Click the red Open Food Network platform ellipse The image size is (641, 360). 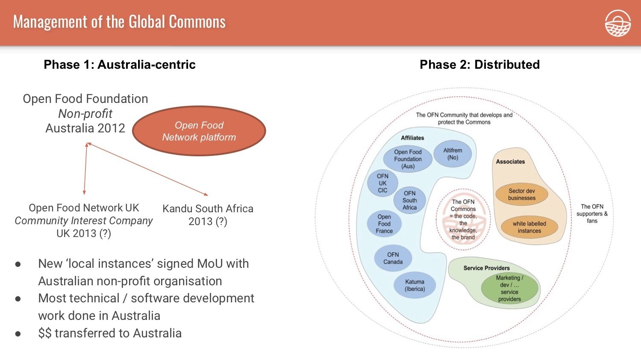click(x=199, y=131)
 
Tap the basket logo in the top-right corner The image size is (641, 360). click(x=617, y=23)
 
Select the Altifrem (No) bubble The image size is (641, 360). click(x=453, y=154)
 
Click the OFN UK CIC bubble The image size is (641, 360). click(x=382, y=183)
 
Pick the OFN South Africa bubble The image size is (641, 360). click(x=409, y=200)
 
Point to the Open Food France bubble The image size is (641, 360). click(x=384, y=224)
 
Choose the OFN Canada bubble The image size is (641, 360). click(x=393, y=258)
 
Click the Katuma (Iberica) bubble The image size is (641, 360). click(x=415, y=285)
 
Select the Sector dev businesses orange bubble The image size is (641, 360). click(x=521, y=194)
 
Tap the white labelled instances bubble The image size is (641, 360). click(x=529, y=227)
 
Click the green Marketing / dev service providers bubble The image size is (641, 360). click(x=509, y=288)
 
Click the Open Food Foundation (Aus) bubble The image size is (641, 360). click(x=408, y=159)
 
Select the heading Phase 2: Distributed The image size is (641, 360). click(x=479, y=64)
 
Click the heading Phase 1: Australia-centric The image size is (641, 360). click(x=120, y=64)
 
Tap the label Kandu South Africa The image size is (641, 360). click(x=208, y=209)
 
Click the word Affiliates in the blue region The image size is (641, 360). click(x=412, y=138)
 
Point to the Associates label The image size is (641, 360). click(x=510, y=161)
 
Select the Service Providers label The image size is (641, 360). click(x=486, y=268)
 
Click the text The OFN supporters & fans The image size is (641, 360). click(x=592, y=214)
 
